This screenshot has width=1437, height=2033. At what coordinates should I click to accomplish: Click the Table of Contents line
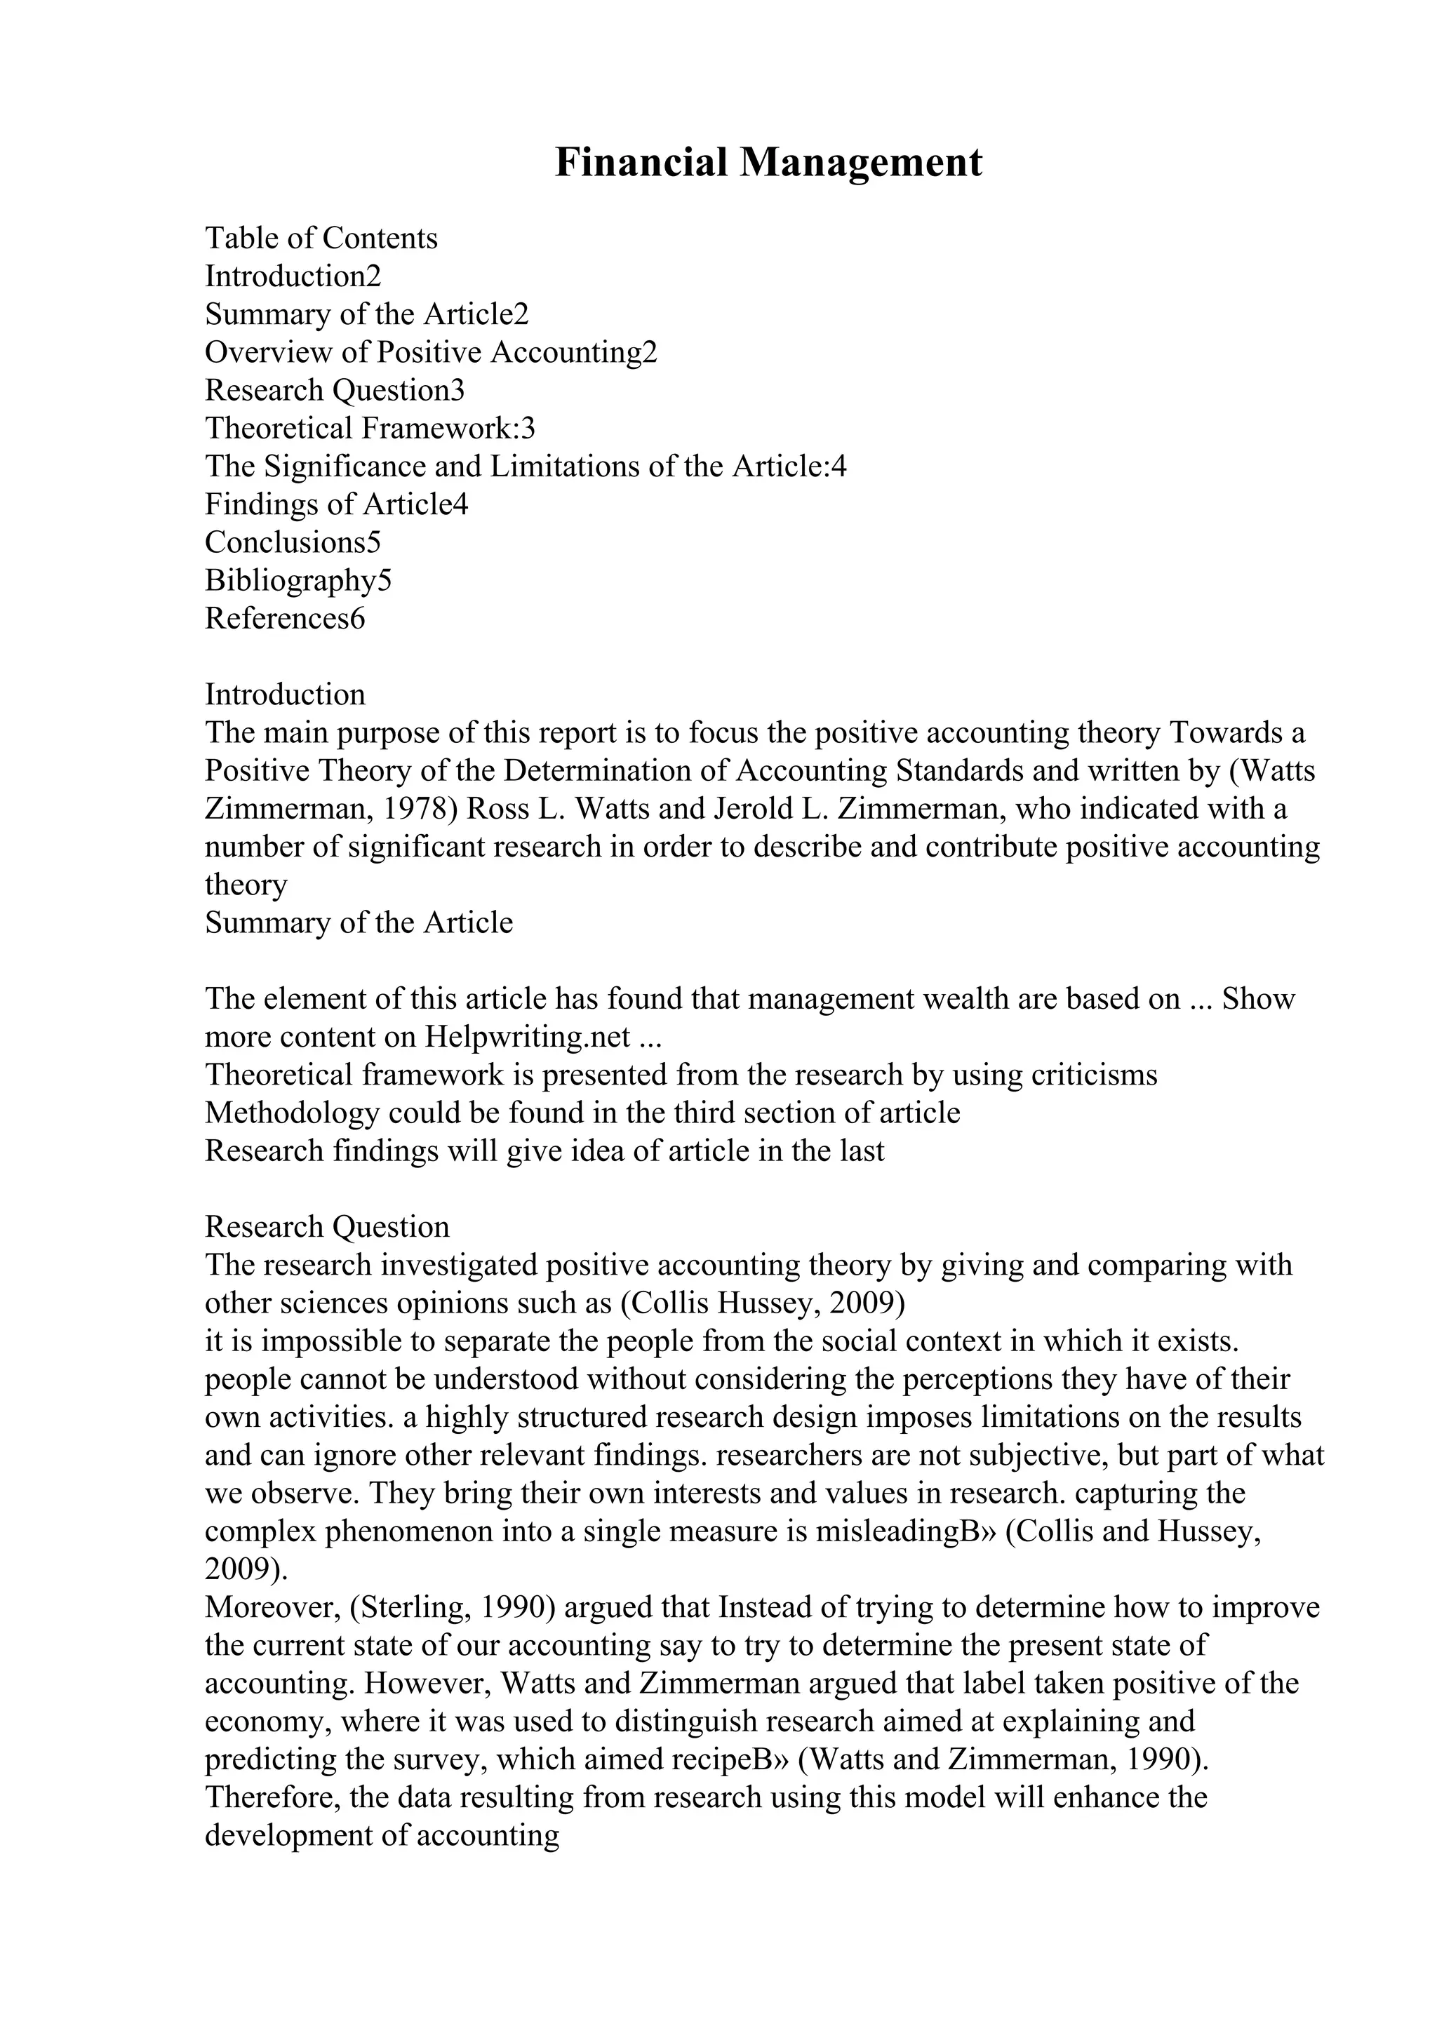[x=321, y=239]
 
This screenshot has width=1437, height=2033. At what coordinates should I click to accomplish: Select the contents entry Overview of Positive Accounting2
[x=432, y=352]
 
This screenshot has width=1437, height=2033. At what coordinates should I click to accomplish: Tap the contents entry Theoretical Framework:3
[x=370, y=429]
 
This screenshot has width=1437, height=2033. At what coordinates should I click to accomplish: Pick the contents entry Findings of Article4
[x=337, y=504]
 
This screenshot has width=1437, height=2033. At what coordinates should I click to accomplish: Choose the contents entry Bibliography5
[x=298, y=581]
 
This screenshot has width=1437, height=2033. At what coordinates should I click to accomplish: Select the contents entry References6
[x=284, y=619]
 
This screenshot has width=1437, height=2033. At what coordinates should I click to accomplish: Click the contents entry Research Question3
[x=335, y=391]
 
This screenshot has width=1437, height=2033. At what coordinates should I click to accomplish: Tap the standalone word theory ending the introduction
[x=246, y=885]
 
